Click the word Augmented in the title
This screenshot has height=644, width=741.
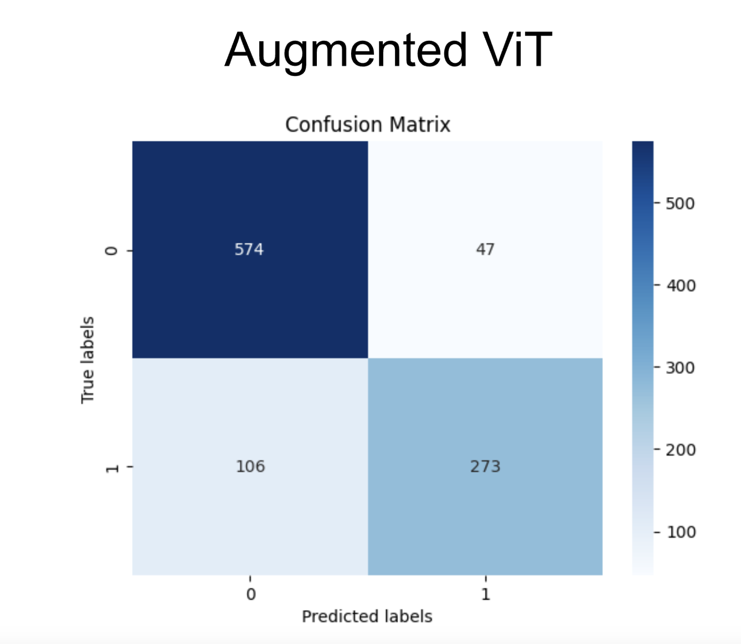(x=345, y=51)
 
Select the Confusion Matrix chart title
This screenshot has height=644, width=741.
(x=367, y=124)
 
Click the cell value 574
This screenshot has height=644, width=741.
(x=249, y=249)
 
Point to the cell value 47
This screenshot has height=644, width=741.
(x=485, y=249)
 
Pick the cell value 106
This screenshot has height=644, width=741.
(x=250, y=466)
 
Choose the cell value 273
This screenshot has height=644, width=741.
(x=485, y=466)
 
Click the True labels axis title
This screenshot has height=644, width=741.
(x=87, y=360)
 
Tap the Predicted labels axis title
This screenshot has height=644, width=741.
(x=367, y=616)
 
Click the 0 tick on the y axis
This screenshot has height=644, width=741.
(x=112, y=250)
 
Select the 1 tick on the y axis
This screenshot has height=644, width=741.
(x=112, y=468)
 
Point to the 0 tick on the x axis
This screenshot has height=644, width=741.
(x=251, y=594)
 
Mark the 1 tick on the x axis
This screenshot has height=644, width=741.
(x=485, y=594)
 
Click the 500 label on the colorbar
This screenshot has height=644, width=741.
(x=680, y=204)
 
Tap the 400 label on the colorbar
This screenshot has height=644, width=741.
(x=681, y=286)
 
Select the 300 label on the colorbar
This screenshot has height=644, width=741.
(x=680, y=368)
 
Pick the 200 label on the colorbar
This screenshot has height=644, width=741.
(x=681, y=450)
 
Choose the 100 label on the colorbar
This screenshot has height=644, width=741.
(x=681, y=532)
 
